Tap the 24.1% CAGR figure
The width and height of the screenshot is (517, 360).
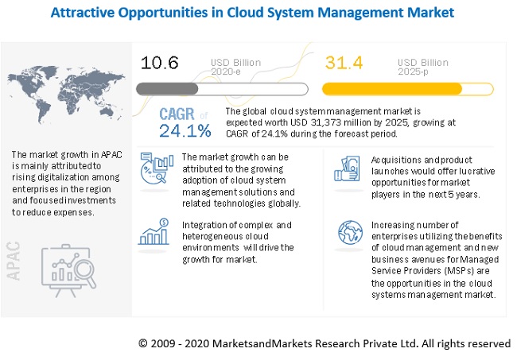pyautogui.click(x=185, y=130)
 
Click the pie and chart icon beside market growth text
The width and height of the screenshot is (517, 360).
pyautogui.click(x=157, y=170)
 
